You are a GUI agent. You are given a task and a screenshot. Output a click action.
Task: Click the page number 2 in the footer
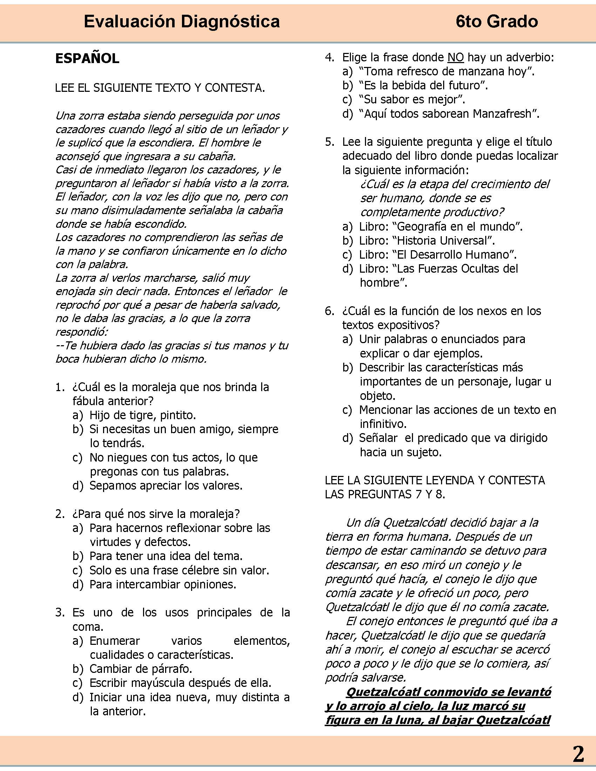(578, 755)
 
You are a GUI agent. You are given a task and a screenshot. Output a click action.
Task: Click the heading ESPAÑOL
(87, 59)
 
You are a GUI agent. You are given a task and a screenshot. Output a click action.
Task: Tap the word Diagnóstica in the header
(230, 22)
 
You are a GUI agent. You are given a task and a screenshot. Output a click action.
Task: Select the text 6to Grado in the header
(496, 22)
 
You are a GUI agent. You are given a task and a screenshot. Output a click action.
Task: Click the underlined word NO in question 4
(455, 57)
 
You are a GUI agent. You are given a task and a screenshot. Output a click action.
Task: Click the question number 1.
(60, 387)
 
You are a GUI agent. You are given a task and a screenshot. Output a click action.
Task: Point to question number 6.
(329, 311)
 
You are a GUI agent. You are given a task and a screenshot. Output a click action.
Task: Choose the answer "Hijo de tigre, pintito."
(142, 415)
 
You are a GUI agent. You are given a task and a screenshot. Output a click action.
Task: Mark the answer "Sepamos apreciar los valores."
(165, 486)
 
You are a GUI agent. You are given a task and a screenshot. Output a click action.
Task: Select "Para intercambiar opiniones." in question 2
(162, 585)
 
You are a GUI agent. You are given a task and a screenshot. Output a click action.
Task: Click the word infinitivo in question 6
(383, 424)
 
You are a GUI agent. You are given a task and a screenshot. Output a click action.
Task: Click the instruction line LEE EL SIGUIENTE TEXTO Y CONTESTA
(160, 88)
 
